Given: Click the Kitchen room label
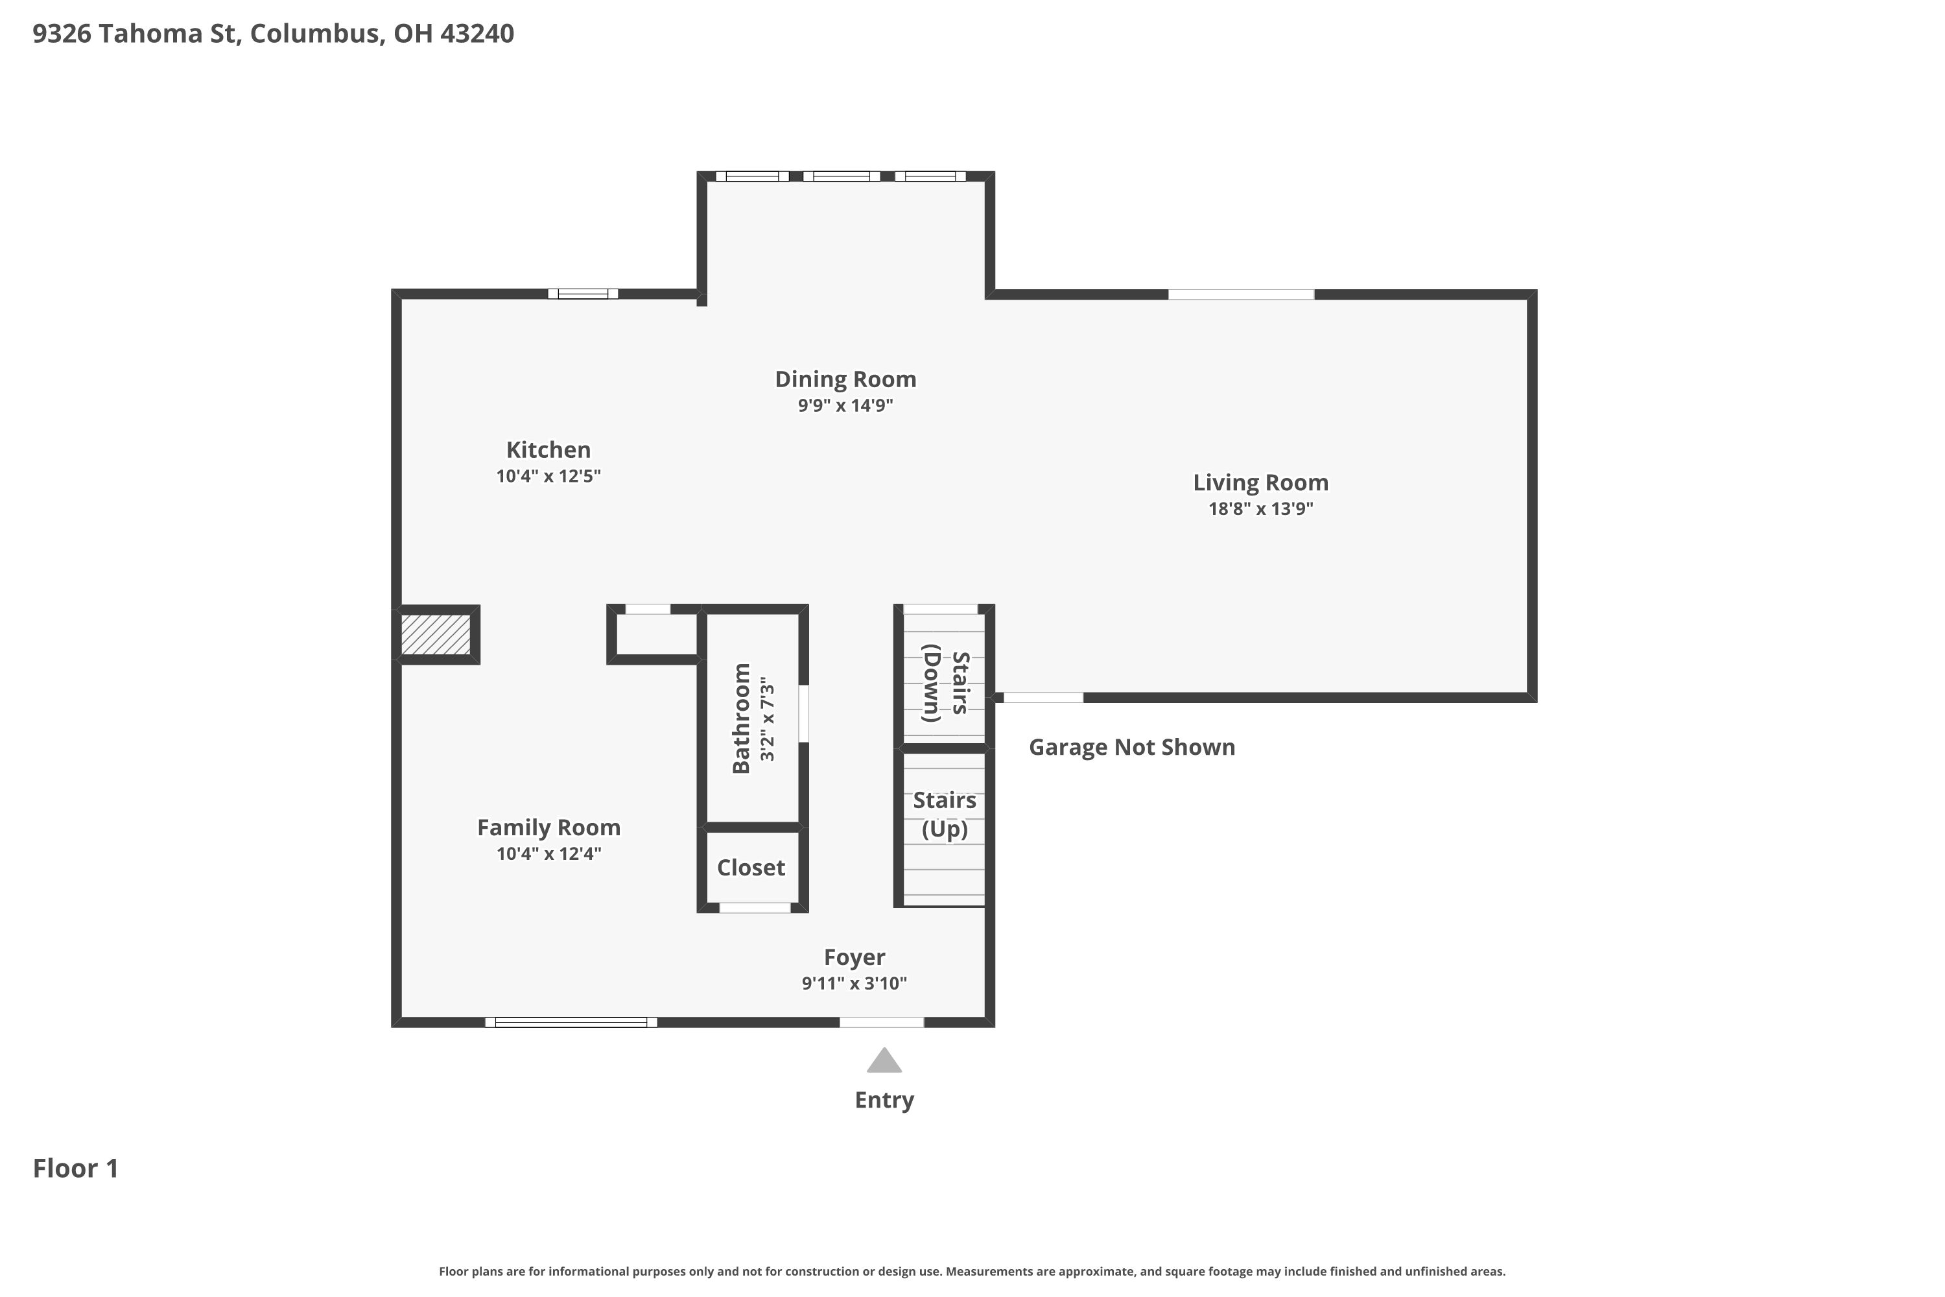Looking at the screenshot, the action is point(548,450).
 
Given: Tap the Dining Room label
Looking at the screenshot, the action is point(845,379).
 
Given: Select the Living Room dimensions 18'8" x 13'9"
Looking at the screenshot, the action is point(1260,508).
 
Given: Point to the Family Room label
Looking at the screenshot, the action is point(548,827).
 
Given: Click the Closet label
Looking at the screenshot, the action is point(751,868).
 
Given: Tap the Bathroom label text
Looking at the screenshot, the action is point(741,718).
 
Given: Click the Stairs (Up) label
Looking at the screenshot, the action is point(945,815).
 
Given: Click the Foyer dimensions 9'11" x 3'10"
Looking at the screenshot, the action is point(855,984).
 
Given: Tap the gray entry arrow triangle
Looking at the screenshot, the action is point(884,1061).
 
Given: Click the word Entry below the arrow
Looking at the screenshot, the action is point(884,1100).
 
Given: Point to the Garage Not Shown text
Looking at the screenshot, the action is point(1132,747).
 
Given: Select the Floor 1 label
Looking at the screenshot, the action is point(76,1169).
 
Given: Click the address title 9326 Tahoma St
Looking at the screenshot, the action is point(136,34).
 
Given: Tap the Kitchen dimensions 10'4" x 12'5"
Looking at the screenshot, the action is point(548,477).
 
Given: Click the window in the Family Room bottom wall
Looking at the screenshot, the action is point(571,1023).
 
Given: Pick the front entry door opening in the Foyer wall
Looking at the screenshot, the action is point(882,1023).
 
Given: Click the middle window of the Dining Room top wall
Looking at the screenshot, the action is point(841,176).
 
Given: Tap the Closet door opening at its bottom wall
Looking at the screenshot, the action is point(755,909).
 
